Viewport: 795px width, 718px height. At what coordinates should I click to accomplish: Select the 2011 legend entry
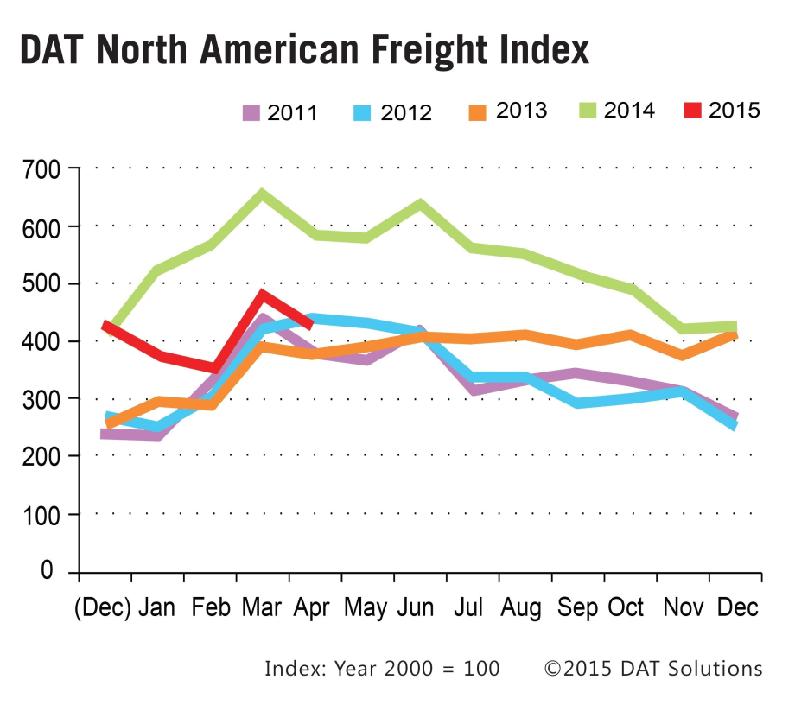[x=280, y=112]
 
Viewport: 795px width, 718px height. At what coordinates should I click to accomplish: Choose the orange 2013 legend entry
[x=509, y=111]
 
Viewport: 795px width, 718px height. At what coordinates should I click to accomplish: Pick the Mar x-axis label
[x=262, y=607]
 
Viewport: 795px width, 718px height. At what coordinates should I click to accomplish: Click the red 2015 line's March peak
[x=261, y=295]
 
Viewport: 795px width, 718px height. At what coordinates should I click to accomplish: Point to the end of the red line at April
[x=310, y=324]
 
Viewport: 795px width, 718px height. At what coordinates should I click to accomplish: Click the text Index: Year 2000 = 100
[x=382, y=669]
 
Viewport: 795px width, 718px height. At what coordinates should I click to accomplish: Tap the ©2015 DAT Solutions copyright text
[x=652, y=669]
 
